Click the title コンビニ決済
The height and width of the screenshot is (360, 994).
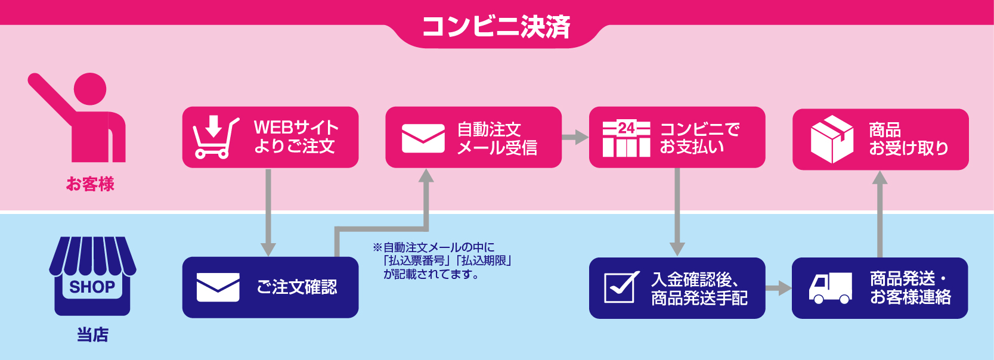click(496, 27)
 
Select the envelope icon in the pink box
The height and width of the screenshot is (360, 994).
click(423, 139)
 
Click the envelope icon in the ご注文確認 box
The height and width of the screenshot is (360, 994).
click(218, 287)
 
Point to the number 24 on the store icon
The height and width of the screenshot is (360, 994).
click(626, 128)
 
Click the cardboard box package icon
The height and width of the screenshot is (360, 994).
click(832, 139)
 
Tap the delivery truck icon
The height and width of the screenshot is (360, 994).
click(830, 288)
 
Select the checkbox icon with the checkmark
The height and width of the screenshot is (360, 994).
click(621, 287)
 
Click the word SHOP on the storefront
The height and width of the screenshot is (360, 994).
click(92, 287)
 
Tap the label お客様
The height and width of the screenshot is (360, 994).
click(90, 184)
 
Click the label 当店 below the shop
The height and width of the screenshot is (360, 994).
click(92, 335)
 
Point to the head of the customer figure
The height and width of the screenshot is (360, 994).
click(90, 89)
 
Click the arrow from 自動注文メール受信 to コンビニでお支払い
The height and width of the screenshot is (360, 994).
click(575, 137)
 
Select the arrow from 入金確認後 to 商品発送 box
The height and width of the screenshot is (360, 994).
click(778, 288)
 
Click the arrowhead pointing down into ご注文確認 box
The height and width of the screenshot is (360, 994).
click(268, 250)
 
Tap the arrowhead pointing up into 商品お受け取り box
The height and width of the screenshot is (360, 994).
click(880, 178)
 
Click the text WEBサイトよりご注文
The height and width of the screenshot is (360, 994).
click(296, 136)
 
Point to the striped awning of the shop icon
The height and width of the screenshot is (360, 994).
click(92, 255)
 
